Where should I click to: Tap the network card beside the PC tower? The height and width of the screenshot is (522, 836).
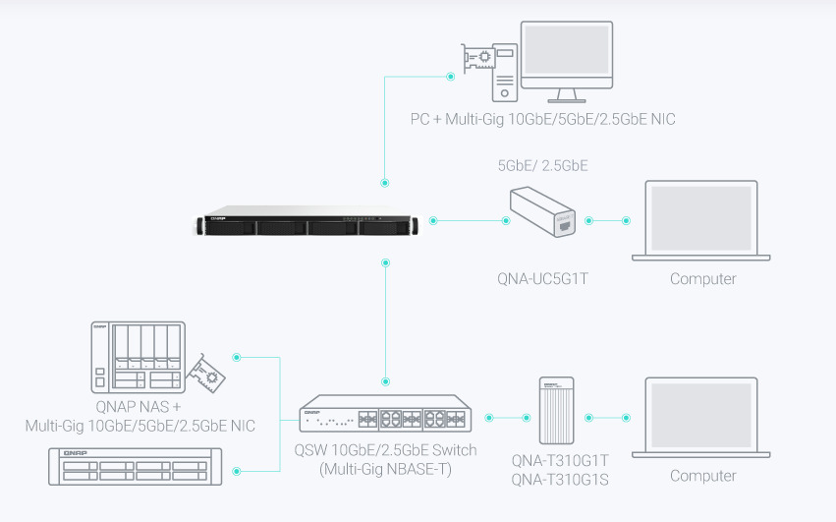click(x=478, y=59)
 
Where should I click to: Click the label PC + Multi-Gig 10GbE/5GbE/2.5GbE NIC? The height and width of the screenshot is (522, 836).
click(x=542, y=120)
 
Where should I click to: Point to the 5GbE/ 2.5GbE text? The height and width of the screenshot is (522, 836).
click(x=543, y=165)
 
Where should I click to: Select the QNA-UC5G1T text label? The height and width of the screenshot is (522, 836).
click(x=542, y=279)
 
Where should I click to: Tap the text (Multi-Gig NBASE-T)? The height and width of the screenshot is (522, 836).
click(x=385, y=468)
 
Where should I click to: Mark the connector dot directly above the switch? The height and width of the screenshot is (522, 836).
click(x=385, y=379)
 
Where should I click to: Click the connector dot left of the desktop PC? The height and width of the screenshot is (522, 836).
click(x=451, y=76)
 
